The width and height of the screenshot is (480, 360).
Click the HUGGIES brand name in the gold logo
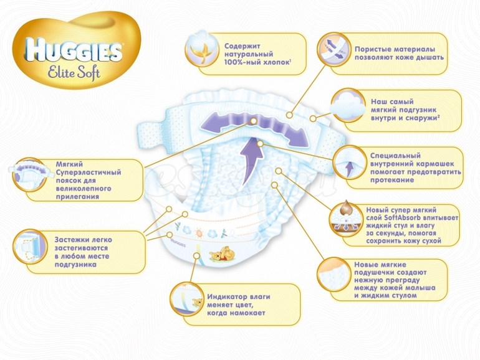pos(74,49)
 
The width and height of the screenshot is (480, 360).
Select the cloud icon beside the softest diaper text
pos(348,106)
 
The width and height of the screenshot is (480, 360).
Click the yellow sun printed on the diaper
pos(199,234)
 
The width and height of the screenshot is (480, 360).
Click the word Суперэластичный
pos(89,172)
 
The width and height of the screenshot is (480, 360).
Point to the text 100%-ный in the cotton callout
pos(241,62)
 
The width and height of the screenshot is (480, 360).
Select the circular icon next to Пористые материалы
pos(333,50)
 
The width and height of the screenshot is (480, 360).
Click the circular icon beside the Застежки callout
pos(30,247)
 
